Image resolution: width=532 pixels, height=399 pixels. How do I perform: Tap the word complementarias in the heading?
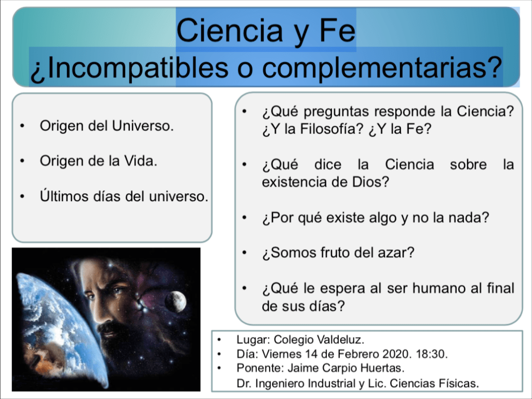[382, 67]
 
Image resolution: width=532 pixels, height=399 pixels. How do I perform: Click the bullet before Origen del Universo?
[22, 126]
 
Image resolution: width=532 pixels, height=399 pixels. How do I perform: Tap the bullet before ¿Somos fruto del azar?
[245, 253]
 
